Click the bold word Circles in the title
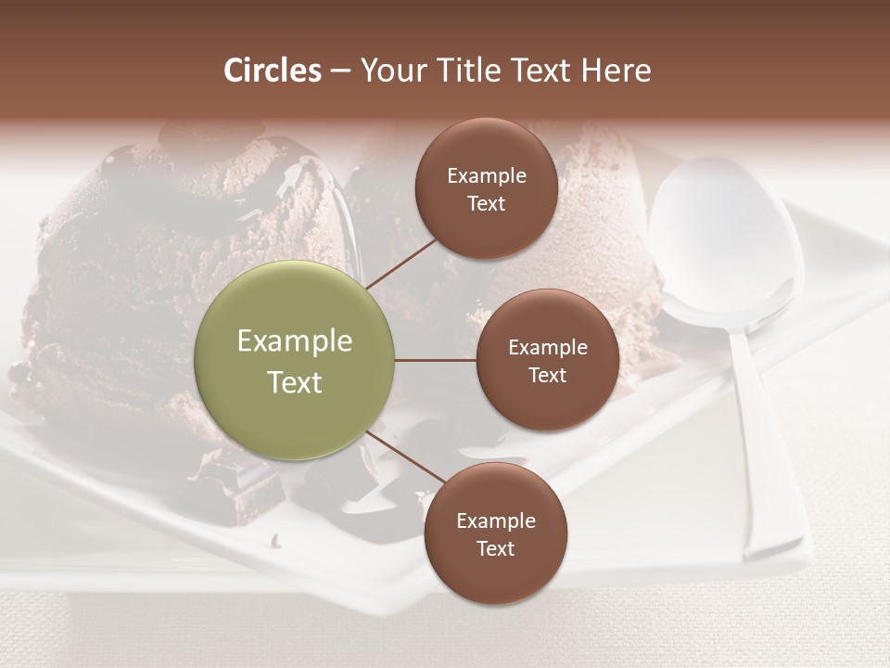273,71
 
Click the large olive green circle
295,360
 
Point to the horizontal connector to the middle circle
435,360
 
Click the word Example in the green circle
295,341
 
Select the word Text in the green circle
295,382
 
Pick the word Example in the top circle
487,176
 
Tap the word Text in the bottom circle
496,548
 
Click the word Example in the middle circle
548,348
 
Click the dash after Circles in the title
340,71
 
